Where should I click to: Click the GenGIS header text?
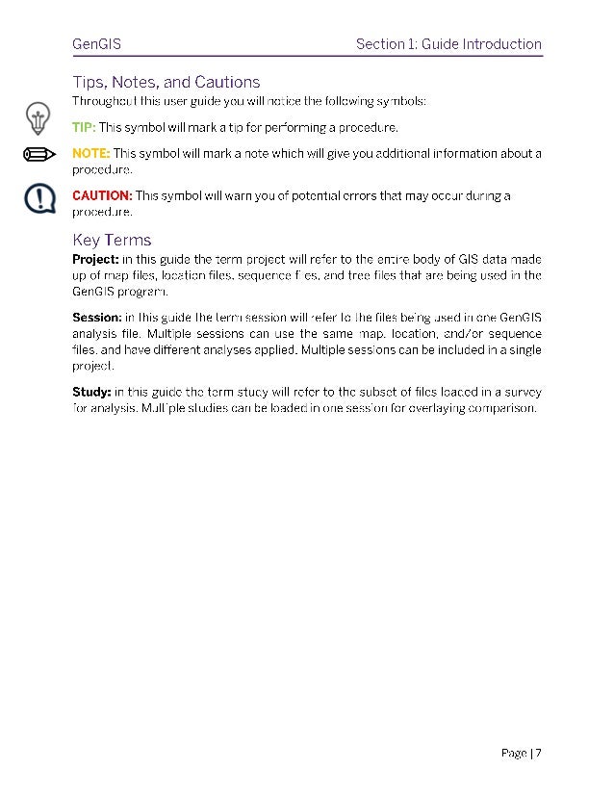(96, 44)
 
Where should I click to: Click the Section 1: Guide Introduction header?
(448, 44)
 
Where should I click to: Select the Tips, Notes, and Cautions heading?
(166, 82)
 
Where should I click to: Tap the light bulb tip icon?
(38, 119)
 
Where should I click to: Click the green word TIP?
(84, 127)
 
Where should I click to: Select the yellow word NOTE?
(91, 153)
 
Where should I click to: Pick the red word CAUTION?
(102, 196)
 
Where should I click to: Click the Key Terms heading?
(112, 240)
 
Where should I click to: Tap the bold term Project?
(96, 259)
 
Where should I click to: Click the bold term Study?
(91, 392)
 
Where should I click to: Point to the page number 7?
(539, 753)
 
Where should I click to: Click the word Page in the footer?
(514, 753)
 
